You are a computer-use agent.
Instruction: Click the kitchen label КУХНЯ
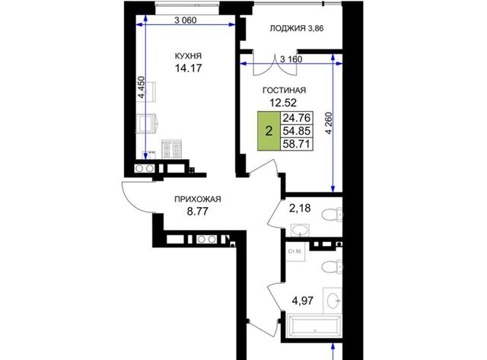point(188,56)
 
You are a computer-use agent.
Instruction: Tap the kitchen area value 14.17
point(188,68)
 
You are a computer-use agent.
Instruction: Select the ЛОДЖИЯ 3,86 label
point(297,28)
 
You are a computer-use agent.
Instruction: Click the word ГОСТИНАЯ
point(284,91)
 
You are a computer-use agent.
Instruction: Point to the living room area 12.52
point(283,102)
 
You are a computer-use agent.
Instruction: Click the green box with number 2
point(269,131)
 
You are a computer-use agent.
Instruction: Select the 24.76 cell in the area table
point(296,118)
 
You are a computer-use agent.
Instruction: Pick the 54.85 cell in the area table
point(296,131)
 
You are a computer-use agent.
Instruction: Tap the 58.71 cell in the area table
point(296,144)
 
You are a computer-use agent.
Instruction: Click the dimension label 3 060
point(186,21)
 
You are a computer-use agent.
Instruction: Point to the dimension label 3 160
point(291,59)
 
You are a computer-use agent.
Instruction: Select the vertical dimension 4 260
point(329,123)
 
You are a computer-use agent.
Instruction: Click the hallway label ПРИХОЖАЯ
point(198,199)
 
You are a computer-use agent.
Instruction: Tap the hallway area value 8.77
point(198,212)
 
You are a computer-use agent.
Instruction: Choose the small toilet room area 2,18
point(300,208)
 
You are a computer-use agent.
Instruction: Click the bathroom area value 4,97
point(302,301)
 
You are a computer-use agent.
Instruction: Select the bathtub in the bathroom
point(314,327)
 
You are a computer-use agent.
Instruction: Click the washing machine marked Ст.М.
point(295,252)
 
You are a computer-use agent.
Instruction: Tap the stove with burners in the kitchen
point(171,149)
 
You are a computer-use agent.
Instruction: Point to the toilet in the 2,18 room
point(332,215)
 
